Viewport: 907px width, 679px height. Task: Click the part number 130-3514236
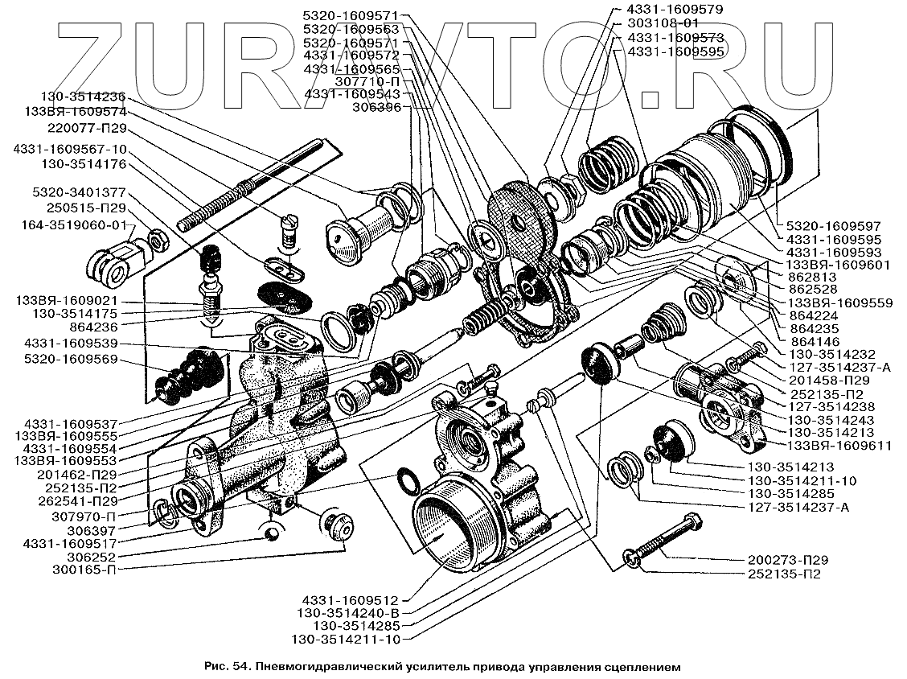pyautogui.click(x=83, y=97)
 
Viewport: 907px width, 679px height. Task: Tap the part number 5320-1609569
pyautogui.click(x=71, y=359)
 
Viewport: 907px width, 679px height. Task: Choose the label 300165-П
pyautogui.click(x=84, y=570)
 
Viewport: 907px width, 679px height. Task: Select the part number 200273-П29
pyautogui.click(x=787, y=560)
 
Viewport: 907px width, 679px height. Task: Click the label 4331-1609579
pyautogui.click(x=675, y=10)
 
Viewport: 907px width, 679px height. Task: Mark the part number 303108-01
pyautogui.click(x=663, y=23)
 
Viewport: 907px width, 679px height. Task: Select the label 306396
pyautogui.click(x=377, y=107)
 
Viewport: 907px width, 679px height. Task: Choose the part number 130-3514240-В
pyautogui.click(x=348, y=612)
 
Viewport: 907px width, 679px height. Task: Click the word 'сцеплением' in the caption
pyautogui.click(x=640, y=666)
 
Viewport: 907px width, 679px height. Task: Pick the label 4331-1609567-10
pyautogui.click(x=70, y=150)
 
